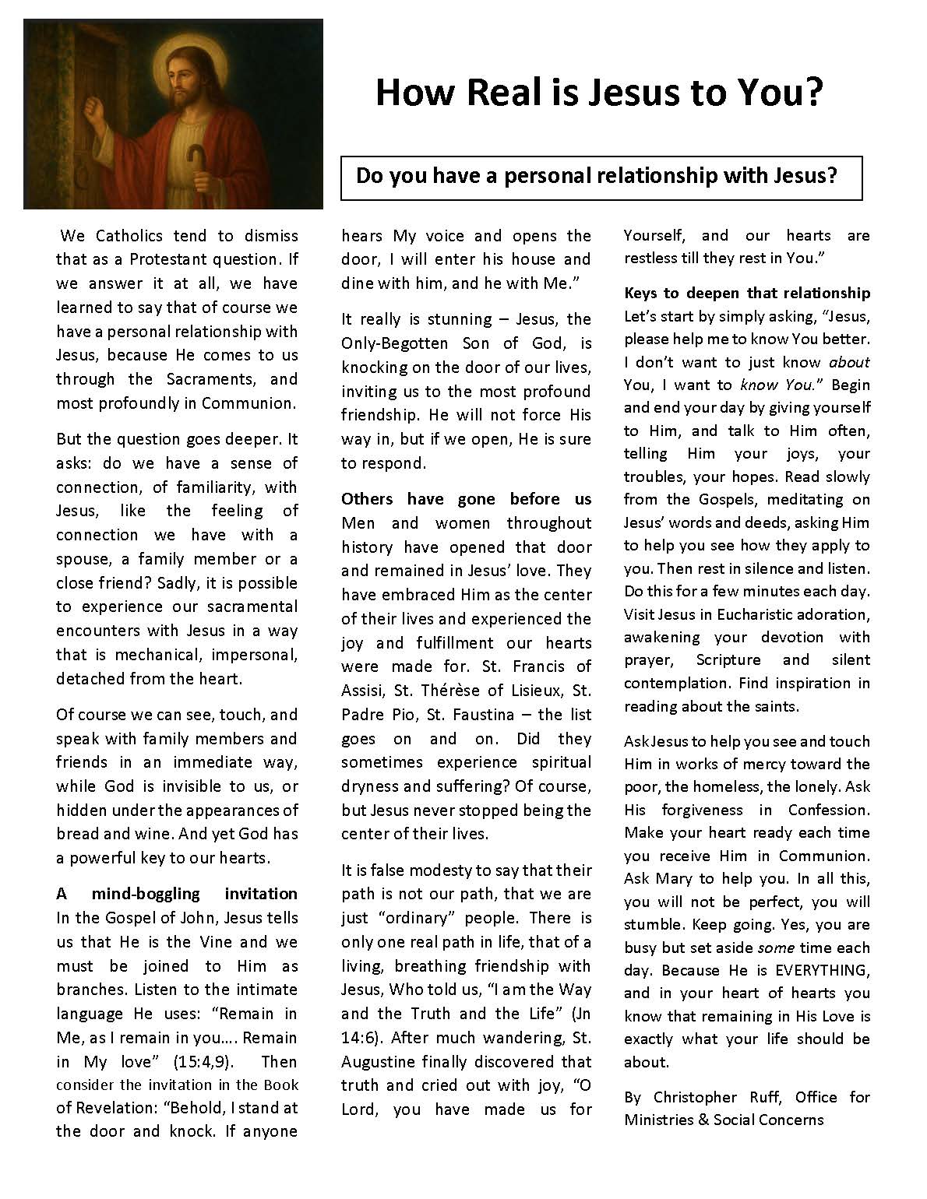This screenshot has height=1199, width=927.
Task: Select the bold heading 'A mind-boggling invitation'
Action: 177,893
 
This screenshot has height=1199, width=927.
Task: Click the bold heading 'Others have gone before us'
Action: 466,499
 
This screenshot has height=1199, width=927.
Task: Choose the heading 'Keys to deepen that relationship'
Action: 746,293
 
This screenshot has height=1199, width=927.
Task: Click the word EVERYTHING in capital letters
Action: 818,970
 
